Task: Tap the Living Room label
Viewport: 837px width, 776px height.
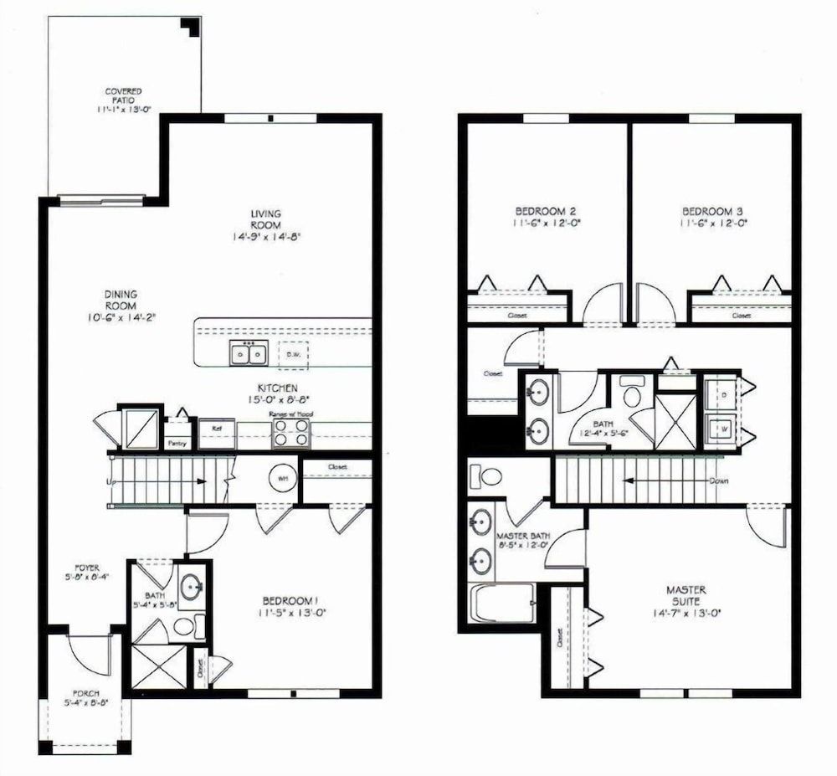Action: point(266,219)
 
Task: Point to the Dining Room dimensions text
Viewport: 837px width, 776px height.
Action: point(121,317)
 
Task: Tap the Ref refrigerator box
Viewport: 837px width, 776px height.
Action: point(217,428)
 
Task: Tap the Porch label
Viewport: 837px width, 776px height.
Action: point(86,694)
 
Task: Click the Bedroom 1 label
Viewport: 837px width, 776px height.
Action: point(291,601)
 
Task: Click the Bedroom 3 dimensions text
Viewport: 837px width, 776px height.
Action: point(713,224)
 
